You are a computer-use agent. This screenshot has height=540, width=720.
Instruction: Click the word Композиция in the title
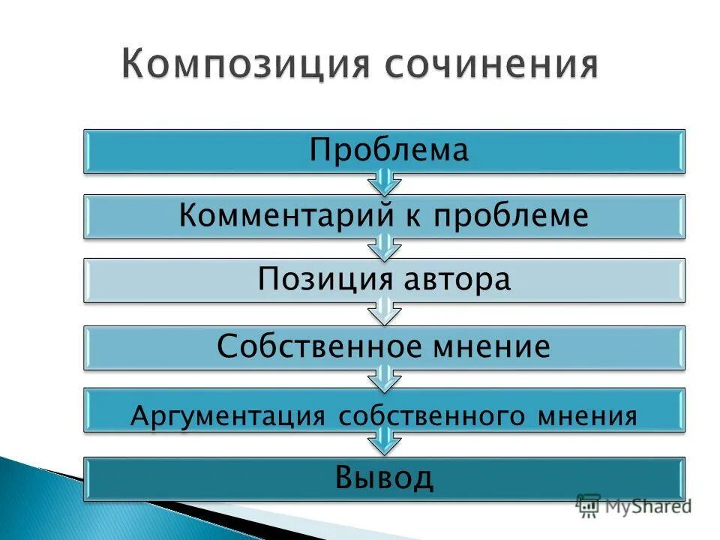243,67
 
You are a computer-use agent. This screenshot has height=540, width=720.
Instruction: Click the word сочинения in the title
491,67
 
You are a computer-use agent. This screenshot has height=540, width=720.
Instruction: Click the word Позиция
325,280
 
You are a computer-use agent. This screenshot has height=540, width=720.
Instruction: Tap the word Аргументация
228,415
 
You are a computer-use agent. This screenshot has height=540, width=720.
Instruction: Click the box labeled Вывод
384,478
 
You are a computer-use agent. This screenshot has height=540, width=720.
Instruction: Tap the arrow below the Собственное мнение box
384,377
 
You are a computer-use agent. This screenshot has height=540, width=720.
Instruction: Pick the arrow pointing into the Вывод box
384,442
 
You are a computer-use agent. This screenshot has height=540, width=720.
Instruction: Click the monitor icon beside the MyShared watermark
588,505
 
